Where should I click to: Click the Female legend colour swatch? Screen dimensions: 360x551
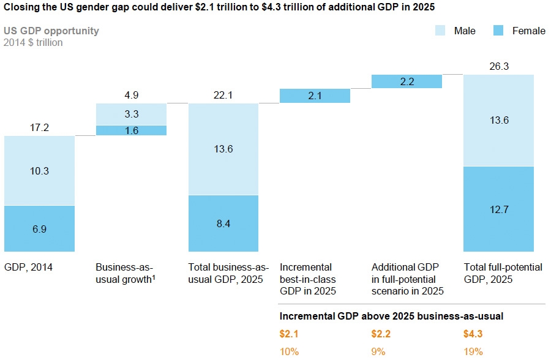pyautogui.click(x=498, y=31)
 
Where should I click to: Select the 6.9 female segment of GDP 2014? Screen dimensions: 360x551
pyautogui.click(x=39, y=228)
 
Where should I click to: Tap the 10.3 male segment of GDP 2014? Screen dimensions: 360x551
pyautogui.click(x=39, y=171)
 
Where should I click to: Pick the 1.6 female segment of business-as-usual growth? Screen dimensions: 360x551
pyautogui.click(x=131, y=130)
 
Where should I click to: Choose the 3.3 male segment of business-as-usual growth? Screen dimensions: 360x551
pyautogui.click(x=131, y=114)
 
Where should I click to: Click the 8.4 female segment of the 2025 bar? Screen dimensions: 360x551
pyautogui.click(x=223, y=223)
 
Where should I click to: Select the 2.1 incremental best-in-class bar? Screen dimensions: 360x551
pyautogui.click(x=315, y=96)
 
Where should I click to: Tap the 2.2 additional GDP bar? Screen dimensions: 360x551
pyautogui.click(x=407, y=81)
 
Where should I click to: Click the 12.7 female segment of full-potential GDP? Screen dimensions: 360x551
pyautogui.click(x=498, y=209)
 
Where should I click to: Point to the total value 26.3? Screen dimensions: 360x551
pyautogui.click(x=498, y=66)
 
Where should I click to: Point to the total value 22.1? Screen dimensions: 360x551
pyautogui.click(x=223, y=95)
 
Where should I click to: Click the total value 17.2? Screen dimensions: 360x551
pyautogui.click(x=39, y=127)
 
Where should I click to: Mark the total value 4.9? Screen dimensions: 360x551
pyautogui.click(x=131, y=95)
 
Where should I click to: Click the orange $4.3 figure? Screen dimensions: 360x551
pyautogui.click(x=473, y=334)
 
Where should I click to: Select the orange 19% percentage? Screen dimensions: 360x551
pyautogui.click(x=473, y=351)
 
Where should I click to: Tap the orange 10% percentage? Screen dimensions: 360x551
pyautogui.click(x=290, y=351)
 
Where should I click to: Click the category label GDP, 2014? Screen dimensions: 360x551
pyautogui.click(x=28, y=268)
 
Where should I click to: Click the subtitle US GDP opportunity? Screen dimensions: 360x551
pyautogui.click(x=51, y=31)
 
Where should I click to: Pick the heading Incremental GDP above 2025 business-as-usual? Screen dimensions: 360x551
pyautogui.click(x=391, y=316)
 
